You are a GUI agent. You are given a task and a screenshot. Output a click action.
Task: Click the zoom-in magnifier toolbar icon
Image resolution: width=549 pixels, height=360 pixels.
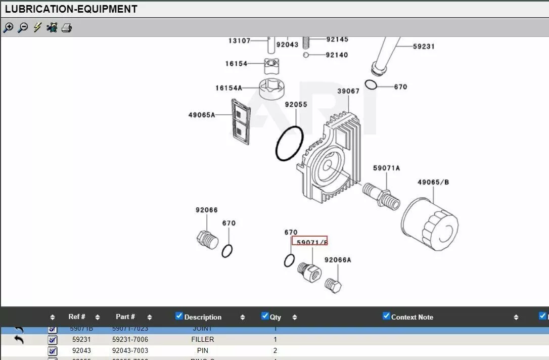(8, 28)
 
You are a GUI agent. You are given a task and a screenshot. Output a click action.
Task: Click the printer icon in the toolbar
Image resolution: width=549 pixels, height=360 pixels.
(67, 28)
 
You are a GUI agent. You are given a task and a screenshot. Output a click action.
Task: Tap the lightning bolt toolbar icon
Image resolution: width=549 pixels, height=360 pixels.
(37, 28)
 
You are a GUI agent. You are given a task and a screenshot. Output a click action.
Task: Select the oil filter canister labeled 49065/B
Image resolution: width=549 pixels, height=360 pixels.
(430, 223)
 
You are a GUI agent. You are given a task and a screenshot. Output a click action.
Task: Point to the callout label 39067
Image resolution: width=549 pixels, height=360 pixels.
(348, 91)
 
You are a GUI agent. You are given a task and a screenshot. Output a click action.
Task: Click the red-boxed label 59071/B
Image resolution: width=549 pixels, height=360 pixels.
(309, 242)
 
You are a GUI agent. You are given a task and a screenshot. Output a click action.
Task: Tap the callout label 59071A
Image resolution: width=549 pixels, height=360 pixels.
(386, 168)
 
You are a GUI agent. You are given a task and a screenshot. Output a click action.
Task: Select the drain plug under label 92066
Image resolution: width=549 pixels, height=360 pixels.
(206, 239)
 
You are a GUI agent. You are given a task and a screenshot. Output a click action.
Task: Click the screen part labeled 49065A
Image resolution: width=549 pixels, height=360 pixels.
(241, 121)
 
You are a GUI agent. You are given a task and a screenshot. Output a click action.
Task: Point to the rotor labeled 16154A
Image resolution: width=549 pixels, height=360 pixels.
(272, 89)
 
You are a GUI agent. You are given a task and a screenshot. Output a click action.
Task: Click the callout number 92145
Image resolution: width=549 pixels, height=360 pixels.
(337, 39)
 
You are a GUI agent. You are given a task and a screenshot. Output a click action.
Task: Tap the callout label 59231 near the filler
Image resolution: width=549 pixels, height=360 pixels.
(424, 47)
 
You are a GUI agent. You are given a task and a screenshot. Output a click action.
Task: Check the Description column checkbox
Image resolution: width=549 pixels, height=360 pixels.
(179, 316)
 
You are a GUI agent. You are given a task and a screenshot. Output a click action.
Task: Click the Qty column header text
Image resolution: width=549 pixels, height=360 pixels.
(275, 318)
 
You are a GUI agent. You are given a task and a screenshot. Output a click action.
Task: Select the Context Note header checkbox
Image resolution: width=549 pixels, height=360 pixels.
(387, 316)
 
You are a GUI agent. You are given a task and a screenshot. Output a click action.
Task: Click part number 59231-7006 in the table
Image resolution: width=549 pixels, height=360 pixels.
(130, 339)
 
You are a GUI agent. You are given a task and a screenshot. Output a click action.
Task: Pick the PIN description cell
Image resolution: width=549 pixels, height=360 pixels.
(203, 350)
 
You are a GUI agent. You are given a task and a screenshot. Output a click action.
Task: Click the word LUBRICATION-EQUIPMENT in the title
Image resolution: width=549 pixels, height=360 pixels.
(71, 9)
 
